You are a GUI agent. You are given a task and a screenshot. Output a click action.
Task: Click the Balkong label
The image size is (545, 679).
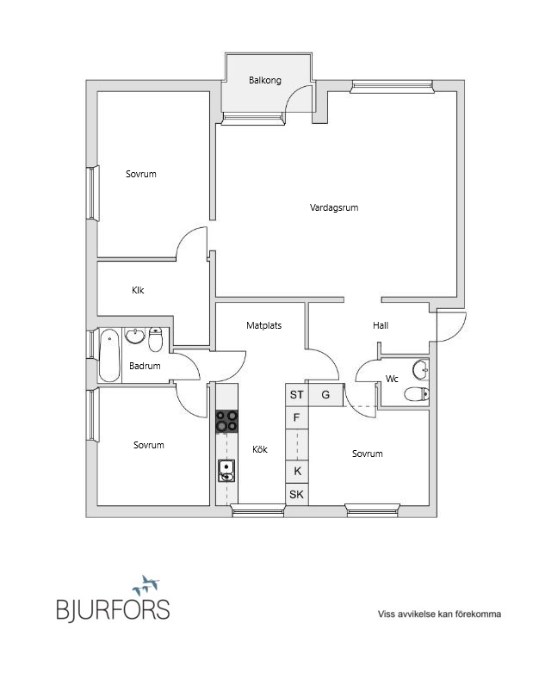coord(264,81)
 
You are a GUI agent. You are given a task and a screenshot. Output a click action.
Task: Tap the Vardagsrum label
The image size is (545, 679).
coord(334,207)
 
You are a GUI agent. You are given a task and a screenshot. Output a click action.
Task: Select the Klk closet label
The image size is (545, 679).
coord(138,290)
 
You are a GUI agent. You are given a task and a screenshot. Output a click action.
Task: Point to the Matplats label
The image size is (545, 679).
coord(263,325)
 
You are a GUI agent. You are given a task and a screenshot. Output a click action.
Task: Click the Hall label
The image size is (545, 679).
coord(381,325)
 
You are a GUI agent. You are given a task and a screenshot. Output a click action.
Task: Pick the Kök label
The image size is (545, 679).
coord(260,449)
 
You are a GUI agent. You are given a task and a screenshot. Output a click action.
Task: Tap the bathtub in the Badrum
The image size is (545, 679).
coord(109,355)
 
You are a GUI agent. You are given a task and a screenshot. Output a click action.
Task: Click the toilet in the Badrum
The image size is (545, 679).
coord(155,339)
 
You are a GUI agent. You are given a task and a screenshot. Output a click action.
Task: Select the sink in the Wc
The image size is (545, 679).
coord(420,369)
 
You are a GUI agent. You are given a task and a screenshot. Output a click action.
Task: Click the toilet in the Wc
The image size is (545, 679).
coord(417,394)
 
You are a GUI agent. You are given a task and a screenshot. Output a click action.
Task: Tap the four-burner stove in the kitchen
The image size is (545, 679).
coord(227,422)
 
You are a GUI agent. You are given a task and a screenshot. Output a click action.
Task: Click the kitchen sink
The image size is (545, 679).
coord(226,471)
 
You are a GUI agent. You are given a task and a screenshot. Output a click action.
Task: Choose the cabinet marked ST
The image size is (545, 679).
coord(297,394)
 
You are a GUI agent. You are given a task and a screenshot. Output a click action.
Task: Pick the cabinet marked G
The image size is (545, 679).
coord(325,394)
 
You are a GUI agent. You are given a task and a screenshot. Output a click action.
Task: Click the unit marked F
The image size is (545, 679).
coord(297,418)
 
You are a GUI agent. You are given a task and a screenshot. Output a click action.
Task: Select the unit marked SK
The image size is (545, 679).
coord(297,494)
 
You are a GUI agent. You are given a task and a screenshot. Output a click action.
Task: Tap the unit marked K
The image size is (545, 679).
coord(297,471)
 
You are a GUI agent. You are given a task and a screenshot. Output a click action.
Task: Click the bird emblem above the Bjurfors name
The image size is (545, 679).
coord(146,585)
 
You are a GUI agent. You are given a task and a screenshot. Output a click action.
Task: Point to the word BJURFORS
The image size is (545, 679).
coord(113,609)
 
